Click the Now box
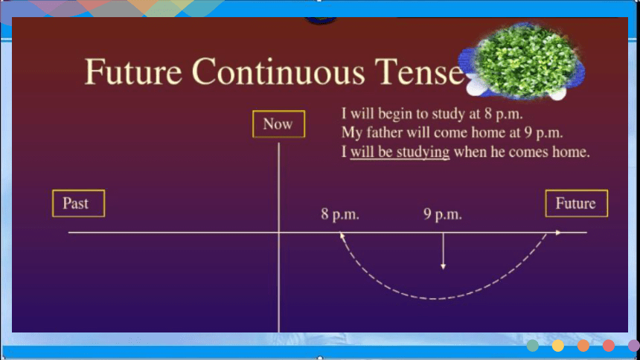click(279, 123)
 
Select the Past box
click(78, 203)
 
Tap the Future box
click(576, 203)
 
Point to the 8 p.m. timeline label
click(340, 214)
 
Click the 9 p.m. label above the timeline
click(443, 214)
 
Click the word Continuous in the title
click(278, 71)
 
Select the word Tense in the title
click(420, 71)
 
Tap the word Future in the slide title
click(133, 71)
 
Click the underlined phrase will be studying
click(400, 152)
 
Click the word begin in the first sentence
click(394, 114)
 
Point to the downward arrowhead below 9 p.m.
click(444, 266)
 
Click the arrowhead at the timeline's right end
click(558, 232)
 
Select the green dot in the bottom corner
click(532, 346)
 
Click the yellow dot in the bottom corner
click(557, 346)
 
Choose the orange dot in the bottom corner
click(583, 346)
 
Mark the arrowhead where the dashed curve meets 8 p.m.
click(342, 236)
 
